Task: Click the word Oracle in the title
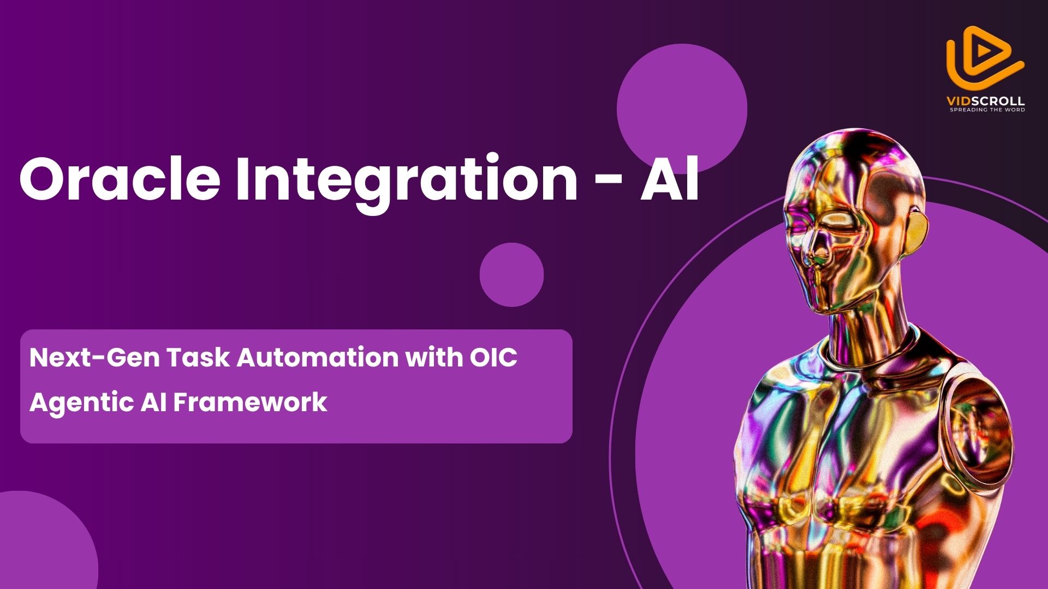(x=120, y=178)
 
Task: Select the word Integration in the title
(x=407, y=183)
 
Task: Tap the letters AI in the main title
(x=669, y=178)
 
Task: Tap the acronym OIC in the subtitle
(x=493, y=358)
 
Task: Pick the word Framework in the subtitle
(x=250, y=402)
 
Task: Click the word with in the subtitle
(x=434, y=358)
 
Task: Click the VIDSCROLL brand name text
(x=985, y=101)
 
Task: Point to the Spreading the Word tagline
(x=987, y=110)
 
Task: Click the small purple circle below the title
(x=511, y=274)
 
